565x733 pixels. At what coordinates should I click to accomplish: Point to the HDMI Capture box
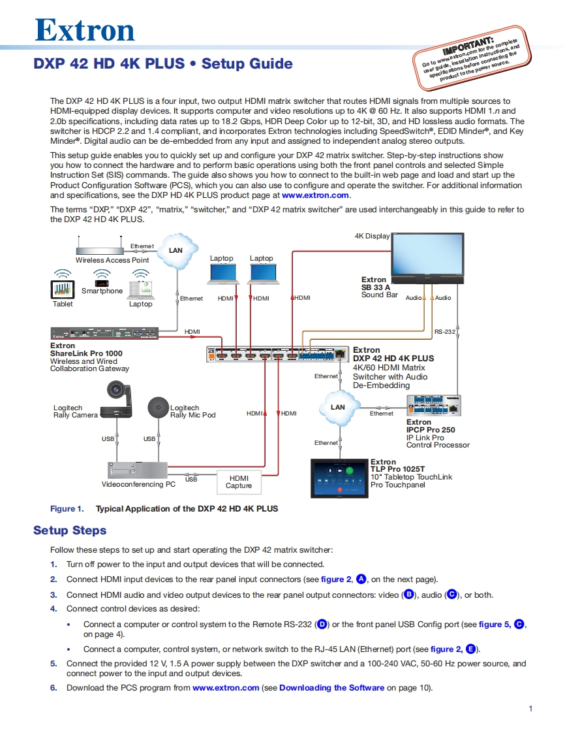pos(239,481)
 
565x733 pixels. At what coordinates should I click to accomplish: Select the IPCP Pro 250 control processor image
pos(434,406)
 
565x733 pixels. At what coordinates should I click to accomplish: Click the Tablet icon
pos(63,289)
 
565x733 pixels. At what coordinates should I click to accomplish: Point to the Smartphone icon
pos(101,283)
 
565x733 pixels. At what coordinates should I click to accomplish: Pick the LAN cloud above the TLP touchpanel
pos(338,408)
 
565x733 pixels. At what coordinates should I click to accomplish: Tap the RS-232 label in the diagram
pos(444,332)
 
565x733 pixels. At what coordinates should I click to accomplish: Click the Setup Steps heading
pos(70,530)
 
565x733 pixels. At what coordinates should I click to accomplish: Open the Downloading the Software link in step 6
pos(331,687)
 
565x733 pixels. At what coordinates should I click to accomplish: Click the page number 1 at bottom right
pos(530,709)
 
